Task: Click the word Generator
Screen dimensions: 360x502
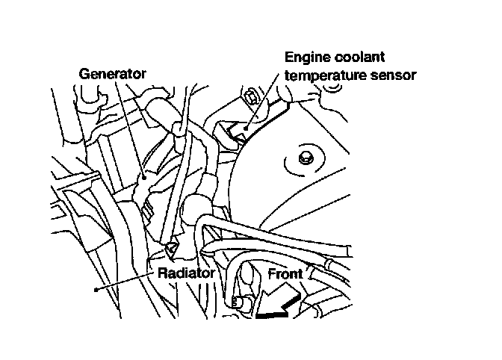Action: [113, 73]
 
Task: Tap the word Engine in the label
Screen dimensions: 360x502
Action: [306, 57]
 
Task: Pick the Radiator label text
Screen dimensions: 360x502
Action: [186, 273]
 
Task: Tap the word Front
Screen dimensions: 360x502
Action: [285, 274]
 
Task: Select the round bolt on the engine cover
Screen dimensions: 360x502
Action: [304, 158]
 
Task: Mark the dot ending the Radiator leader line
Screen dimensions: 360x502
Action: [95, 289]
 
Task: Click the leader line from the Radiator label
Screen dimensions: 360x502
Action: [127, 280]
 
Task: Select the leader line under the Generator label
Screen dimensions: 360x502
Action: [128, 127]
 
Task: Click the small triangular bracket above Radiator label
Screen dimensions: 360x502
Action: [173, 249]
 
